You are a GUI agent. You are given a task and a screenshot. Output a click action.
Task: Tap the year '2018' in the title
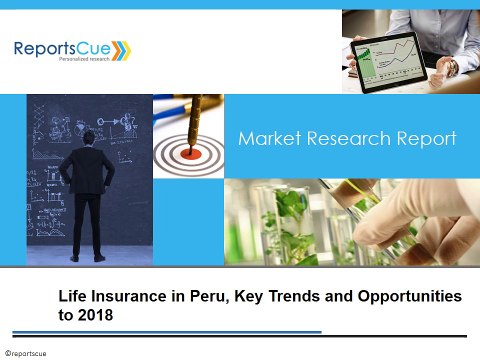click(96, 315)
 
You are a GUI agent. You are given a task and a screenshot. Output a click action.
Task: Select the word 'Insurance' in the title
click(135, 298)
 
